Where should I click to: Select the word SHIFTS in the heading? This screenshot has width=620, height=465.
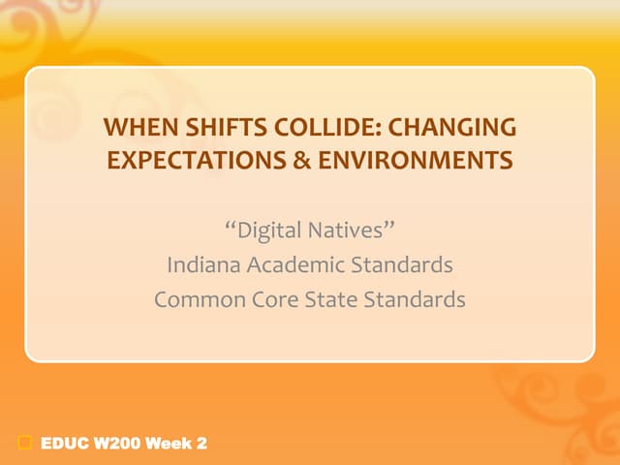207,128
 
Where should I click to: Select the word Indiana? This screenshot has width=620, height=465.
201,264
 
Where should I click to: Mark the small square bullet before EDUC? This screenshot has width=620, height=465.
25,444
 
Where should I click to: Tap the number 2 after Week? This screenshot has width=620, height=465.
201,444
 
